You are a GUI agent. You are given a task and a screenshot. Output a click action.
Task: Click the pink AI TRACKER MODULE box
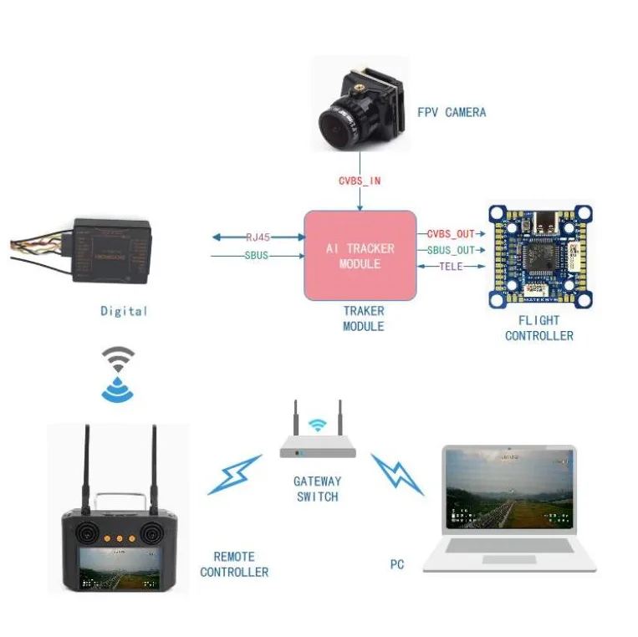[x=360, y=256]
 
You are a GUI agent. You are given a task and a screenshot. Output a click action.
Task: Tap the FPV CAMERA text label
[x=452, y=112]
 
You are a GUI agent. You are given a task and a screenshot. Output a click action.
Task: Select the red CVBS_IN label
[x=360, y=181]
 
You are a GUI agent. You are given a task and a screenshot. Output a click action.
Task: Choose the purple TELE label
[x=451, y=266]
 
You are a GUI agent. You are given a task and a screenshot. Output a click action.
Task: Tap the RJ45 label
[x=258, y=237]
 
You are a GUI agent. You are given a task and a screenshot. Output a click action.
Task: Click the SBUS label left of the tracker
[x=256, y=255]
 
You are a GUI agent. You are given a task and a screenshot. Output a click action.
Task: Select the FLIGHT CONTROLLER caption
[x=538, y=328]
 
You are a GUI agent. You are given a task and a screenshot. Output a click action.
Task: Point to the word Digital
[x=124, y=311]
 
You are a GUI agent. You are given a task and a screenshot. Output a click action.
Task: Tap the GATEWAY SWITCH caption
[x=317, y=489]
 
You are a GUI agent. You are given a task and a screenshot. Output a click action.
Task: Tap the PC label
[x=396, y=565]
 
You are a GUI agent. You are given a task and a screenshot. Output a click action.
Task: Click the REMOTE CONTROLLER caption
[x=234, y=564]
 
